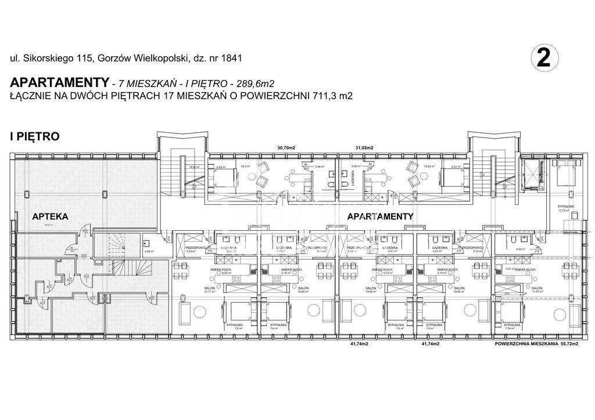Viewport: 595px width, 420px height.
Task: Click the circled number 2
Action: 544,59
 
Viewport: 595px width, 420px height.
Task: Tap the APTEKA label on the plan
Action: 50,216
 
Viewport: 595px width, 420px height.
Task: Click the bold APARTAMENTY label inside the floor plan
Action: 381,216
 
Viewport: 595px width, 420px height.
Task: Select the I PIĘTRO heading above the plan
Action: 35,137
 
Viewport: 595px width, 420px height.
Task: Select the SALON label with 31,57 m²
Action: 537,288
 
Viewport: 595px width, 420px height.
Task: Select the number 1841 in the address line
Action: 229,58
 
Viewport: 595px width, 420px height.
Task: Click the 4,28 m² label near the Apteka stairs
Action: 148,251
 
